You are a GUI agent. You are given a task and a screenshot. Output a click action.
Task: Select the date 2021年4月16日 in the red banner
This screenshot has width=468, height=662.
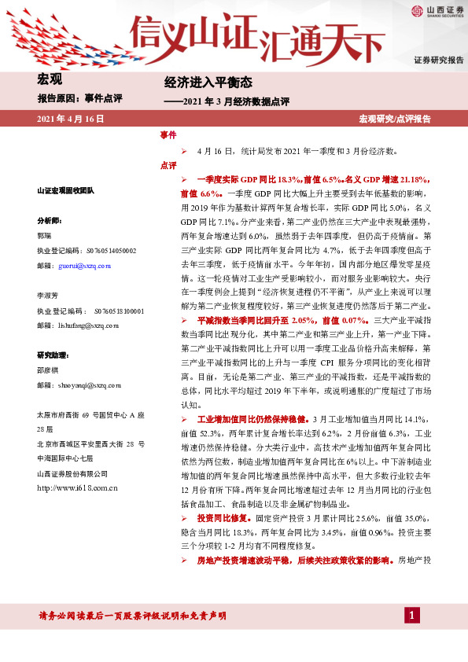point(71,119)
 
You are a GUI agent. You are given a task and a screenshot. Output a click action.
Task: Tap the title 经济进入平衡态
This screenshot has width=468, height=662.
point(208,82)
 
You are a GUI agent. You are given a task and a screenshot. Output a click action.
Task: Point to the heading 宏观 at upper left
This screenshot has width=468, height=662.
point(50,79)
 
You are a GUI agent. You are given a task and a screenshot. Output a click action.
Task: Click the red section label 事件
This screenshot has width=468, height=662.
point(168,135)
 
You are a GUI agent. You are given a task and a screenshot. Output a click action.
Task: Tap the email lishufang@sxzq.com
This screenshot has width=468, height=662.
point(90,324)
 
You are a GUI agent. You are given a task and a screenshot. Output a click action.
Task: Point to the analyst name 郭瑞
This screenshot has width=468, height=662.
point(46,236)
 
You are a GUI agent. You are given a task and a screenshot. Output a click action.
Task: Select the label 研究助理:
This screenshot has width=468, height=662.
point(57,354)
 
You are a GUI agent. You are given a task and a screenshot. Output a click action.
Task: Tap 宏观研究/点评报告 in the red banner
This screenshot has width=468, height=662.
point(395,119)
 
